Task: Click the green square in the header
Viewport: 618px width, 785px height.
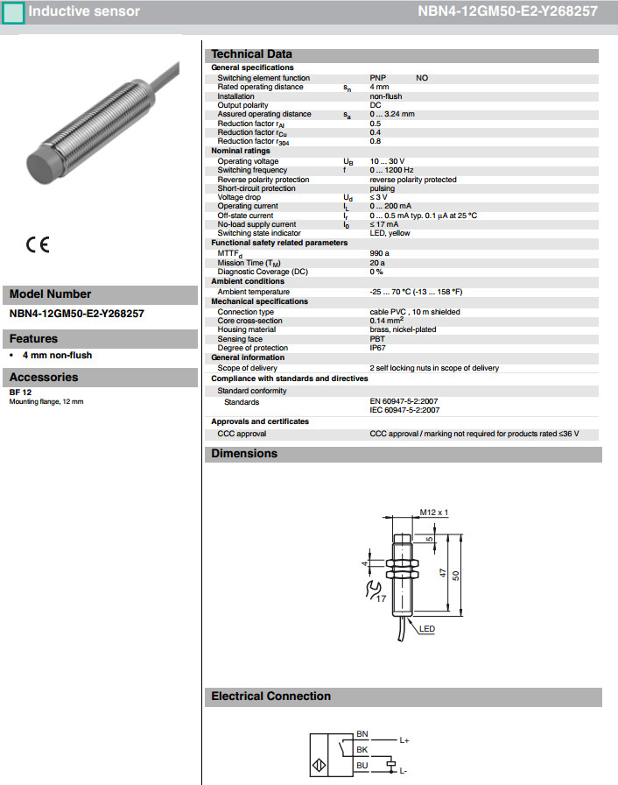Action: point(13,12)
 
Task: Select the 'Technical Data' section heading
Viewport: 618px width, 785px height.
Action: point(252,54)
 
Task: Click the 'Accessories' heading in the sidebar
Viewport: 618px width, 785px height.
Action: point(44,378)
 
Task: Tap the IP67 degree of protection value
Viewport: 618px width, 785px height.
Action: point(379,348)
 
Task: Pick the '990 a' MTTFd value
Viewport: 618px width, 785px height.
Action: point(380,253)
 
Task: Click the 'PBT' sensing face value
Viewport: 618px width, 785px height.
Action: point(377,339)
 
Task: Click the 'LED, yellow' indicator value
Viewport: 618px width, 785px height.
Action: point(390,233)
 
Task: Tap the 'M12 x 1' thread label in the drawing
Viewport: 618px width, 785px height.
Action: point(434,512)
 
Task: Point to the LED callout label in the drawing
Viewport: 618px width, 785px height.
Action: point(428,629)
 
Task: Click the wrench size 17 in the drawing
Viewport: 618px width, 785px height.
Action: point(381,598)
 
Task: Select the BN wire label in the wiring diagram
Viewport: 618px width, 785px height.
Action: point(362,733)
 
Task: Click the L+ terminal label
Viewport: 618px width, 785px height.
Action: point(404,741)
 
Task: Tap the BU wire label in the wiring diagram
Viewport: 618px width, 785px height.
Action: point(362,765)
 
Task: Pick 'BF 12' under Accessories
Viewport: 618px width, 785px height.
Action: point(22,392)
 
